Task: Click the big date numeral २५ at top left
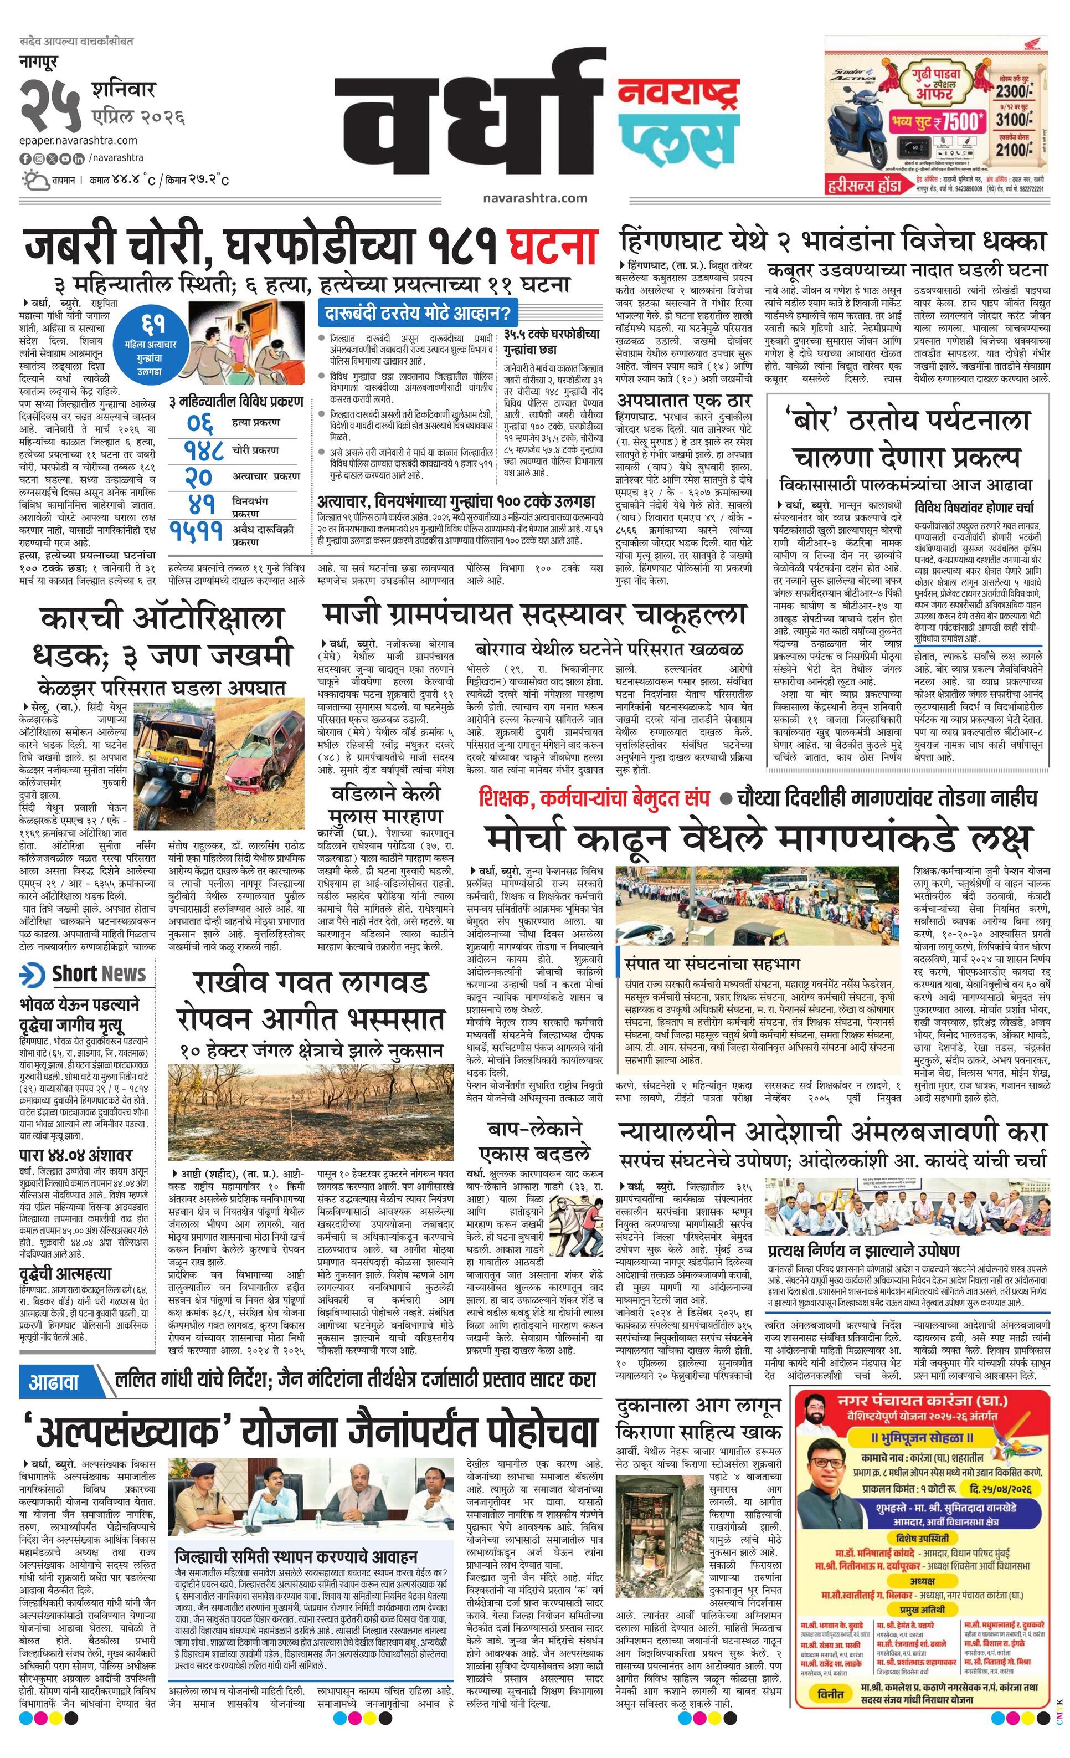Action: tap(49, 104)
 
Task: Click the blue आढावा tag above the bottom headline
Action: tap(54, 1381)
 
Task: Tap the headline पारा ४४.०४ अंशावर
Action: tap(75, 1155)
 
